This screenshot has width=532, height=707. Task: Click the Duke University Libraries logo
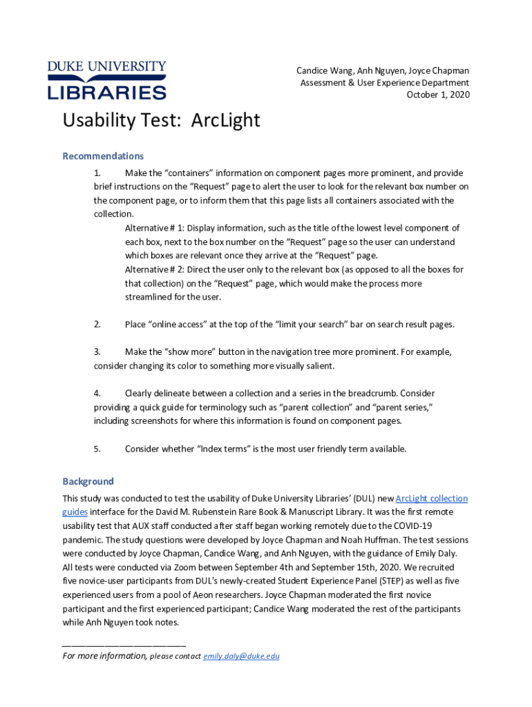[107, 80]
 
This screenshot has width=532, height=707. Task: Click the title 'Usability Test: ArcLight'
[161, 121]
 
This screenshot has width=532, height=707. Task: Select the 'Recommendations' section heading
[103, 156]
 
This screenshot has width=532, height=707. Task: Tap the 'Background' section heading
[88, 481]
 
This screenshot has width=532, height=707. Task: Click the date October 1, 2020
[437, 95]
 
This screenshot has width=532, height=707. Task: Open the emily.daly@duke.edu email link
[241, 657]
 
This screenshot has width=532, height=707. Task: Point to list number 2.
[97, 325]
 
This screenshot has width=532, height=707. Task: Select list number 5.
[97, 449]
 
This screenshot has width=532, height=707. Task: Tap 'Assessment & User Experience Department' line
[385, 83]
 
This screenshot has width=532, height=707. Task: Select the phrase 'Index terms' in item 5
[222, 449]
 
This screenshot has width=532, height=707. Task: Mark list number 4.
[97, 394]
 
